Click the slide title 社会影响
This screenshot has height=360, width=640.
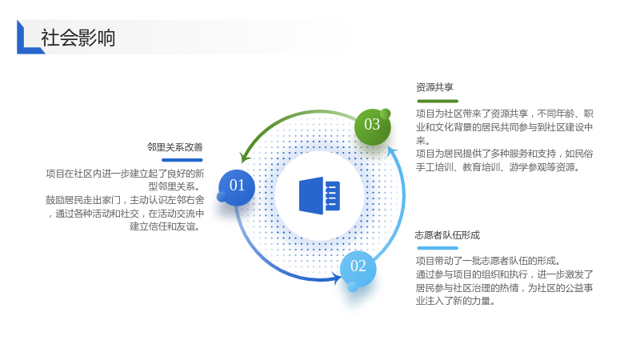(78, 38)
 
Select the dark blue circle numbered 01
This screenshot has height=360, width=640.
(237, 187)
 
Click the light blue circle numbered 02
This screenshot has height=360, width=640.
(358, 268)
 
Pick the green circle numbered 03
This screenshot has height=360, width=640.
(372, 126)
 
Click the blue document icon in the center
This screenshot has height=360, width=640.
(319, 195)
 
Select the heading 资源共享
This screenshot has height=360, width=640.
(434, 87)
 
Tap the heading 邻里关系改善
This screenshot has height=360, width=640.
(174, 147)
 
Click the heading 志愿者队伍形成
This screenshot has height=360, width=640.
(447, 235)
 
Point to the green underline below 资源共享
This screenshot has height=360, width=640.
(438, 101)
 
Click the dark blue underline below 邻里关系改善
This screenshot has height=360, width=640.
(182, 160)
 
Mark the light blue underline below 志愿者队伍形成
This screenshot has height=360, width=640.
(438, 248)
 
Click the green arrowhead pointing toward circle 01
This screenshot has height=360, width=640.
(245, 157)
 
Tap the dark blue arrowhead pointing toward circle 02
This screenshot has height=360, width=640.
(337, 278)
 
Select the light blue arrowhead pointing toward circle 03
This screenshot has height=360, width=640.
(392, 151)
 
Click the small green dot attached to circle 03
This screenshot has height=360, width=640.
(385, 114)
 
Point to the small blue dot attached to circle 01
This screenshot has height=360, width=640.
(222, 197)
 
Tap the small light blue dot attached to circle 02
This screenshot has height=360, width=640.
(353, 286)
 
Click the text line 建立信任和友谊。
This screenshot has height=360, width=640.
(166, 226)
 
